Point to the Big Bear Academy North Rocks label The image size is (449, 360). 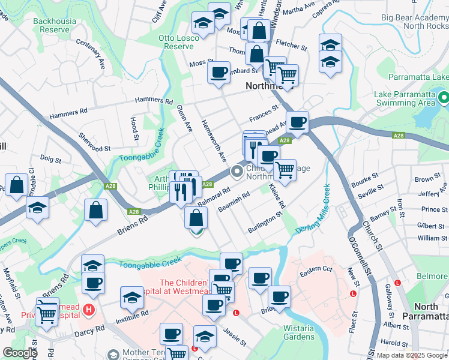[x=414, y=22]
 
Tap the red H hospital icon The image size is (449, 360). [x=89, y=310]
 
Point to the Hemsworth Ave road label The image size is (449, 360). [x=214, y=143]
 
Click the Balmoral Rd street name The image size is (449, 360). [x=214, y=197]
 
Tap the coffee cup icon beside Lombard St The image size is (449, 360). [x=218, y=73]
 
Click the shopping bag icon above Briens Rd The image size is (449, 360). [x=97, y=211]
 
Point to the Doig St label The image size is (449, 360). [x=51, y=160]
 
